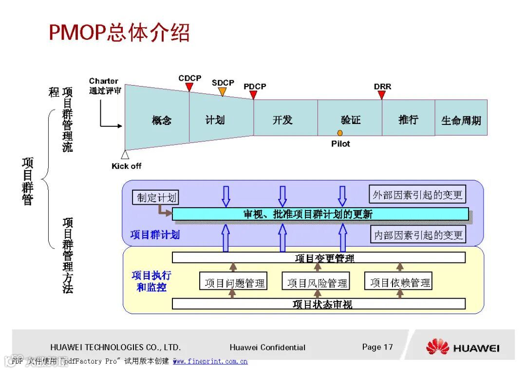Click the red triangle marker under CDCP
click(189, 87)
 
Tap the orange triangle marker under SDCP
click(223, 91)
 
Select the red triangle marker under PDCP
click(253, 95)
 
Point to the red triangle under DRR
click(382, 95)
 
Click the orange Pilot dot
click(340, 133)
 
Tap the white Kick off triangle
click(125, 155)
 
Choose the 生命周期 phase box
click(461, 120)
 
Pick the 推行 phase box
click(408, 119)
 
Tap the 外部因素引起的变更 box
click(417, 195)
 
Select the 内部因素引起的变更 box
click(417, 235)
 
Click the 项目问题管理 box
click(234, 282)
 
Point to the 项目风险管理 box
click(317, 282)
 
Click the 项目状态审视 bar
click(319, 304)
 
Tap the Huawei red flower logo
click(437, 347)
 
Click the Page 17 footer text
click(377, 347)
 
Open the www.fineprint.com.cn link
click(210, 361)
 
